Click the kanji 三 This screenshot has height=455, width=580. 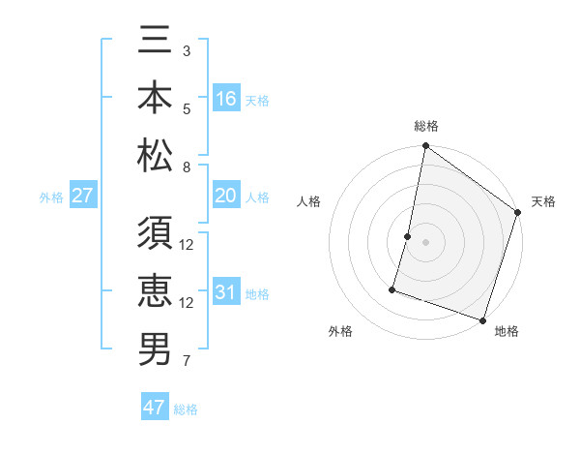[x=155, y=45]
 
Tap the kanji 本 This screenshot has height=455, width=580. [x=155, y=99]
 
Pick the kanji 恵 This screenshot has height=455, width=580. [x=155, y=292]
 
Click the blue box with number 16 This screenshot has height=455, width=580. [x=226, y=99]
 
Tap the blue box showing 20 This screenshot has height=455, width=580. [x=226, y=197]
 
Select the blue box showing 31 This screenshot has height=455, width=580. [x=226, y=292]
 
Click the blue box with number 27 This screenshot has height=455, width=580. [x=83, y=197]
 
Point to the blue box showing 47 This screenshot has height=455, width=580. [x=155, y=408]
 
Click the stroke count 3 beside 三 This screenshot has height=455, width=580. [x=187, y=50]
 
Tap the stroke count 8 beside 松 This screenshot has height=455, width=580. [x=187, y=167]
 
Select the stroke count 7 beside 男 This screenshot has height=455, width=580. [x=187, y=362]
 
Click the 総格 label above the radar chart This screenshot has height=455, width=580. [x=426, y=127]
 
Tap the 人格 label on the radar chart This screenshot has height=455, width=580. [x=308, y=202]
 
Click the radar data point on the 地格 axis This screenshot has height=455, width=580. [x=482, y=319]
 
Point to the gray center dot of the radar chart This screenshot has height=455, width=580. [x=425, y=242]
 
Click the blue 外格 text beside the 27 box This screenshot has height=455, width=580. [x=51, y=197]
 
